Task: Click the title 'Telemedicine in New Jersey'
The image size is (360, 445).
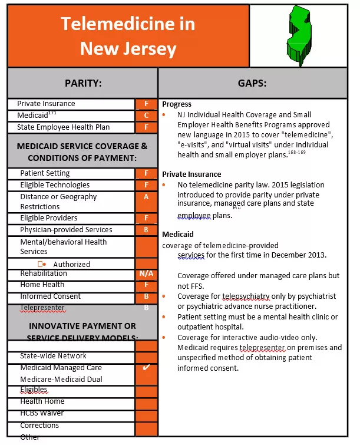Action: [128, 36]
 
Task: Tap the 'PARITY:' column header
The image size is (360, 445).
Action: [82, 83]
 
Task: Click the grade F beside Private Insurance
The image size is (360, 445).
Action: [146, 104]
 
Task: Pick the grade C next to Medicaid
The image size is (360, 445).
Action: [146, 116]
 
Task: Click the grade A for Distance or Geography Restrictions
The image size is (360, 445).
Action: [146, 197]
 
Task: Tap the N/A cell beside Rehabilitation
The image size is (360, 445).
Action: [146, 273]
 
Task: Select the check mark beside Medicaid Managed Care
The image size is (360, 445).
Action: [146, 368]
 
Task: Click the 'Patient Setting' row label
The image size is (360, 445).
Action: [45, 173]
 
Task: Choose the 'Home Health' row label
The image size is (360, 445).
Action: [42, 285]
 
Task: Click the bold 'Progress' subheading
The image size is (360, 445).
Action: [177, 104]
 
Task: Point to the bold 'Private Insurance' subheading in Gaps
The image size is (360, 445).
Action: [191, 174]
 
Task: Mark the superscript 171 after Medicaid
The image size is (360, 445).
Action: [53, 113]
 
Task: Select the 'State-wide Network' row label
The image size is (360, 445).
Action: [53, 356]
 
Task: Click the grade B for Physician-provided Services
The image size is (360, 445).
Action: [146, 230]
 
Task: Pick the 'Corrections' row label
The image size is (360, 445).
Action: [39, 425]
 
